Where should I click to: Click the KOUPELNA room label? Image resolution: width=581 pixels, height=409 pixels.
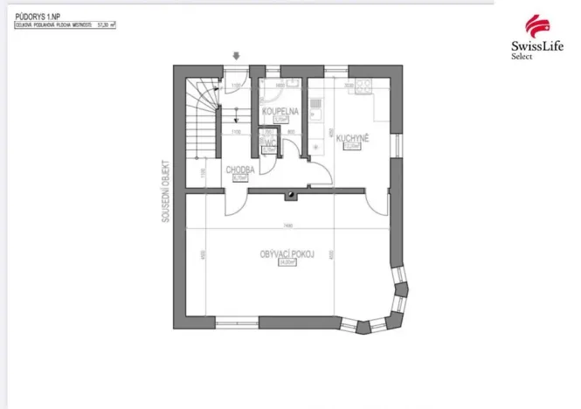279,112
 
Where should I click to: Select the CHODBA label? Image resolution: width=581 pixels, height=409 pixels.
239,170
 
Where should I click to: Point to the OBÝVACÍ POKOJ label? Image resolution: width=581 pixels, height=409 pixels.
287,253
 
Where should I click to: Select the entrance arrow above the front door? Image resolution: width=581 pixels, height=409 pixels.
235,57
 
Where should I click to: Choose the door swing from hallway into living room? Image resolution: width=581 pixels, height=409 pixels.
234,204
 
